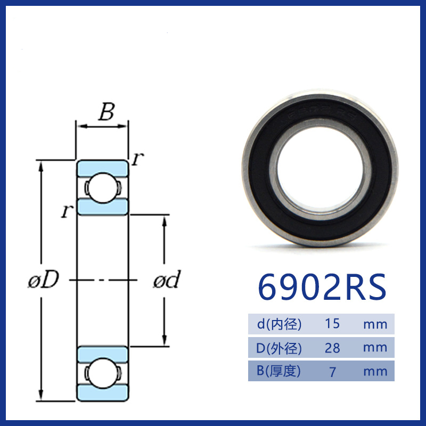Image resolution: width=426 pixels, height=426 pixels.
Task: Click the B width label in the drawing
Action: tap(106, 112)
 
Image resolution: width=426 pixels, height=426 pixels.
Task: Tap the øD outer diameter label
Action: tap(44, 279)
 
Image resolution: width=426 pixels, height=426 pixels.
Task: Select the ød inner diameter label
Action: tap(167, 279)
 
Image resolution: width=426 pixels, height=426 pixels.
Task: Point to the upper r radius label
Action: tap(137, 159)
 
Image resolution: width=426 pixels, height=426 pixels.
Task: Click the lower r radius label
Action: tap(67, 211)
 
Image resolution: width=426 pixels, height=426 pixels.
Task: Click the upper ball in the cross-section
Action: tap(102, 188)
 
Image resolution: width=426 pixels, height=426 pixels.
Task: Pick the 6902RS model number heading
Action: tap(322, 287)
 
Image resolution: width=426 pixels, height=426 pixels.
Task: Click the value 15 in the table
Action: tap(332, 324)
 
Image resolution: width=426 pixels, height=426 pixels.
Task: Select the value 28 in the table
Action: tap(332, 348)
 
